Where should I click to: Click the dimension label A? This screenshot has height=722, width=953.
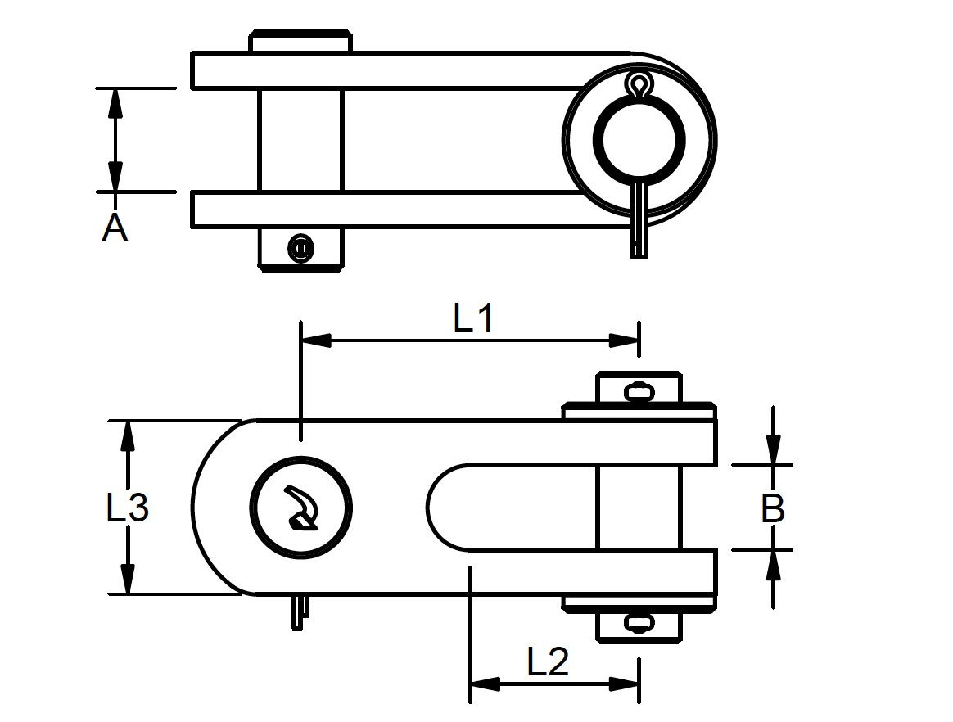pyautogui.click(x=115, y=228)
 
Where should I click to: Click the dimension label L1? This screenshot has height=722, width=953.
pyautogui.click(x=473, y=318)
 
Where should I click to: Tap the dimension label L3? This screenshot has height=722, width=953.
pyautogui.click(x=127, y=508)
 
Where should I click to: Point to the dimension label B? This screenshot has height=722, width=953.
pyautogui.click(x=773, y=508)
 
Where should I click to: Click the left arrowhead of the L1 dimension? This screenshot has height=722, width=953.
pyautogui.click(x=316, y=341)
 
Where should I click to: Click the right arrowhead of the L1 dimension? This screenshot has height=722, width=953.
pyautogui.click(x=624, y=341)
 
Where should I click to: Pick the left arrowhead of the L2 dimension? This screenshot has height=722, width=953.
pyautogui.click(x=485, y=684)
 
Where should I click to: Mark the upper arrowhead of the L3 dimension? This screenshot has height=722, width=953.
pyautogui.click(x=127, y=435)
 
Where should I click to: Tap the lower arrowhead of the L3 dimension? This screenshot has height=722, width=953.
pyautogui.click(x=127, y=580)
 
